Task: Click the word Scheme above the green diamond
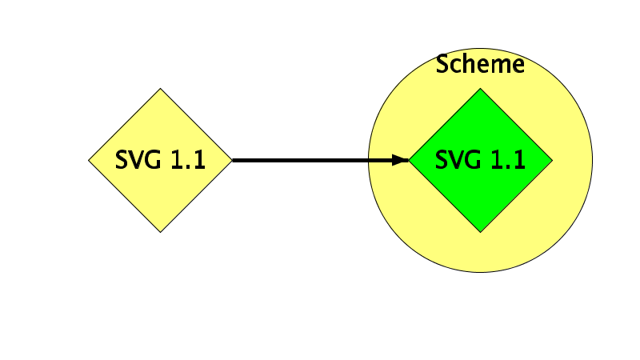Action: (x=480, y=64)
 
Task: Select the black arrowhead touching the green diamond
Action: (x=400, y=160)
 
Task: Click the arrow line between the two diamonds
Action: (x=321, y=160)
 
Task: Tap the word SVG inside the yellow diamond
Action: (x=138, y=159)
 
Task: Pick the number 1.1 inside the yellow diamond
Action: (x=188, y=159)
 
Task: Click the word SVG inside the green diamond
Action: (x=458, y=159)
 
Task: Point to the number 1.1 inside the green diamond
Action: (x=508, y=159)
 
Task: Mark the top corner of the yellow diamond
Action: (x=161, y=88)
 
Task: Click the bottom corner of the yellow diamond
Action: (x=161, y=232)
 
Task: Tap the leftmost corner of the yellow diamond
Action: (x=89, y=161)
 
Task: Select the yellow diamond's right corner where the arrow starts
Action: (x=232, y=161)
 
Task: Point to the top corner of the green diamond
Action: (x=481, y=88)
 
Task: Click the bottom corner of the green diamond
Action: (x=481, y=232)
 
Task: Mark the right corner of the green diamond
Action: (x=552, y=161)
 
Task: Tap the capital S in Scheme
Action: (x=442, y=64)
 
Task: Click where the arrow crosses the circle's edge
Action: (x=369, y=160)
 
